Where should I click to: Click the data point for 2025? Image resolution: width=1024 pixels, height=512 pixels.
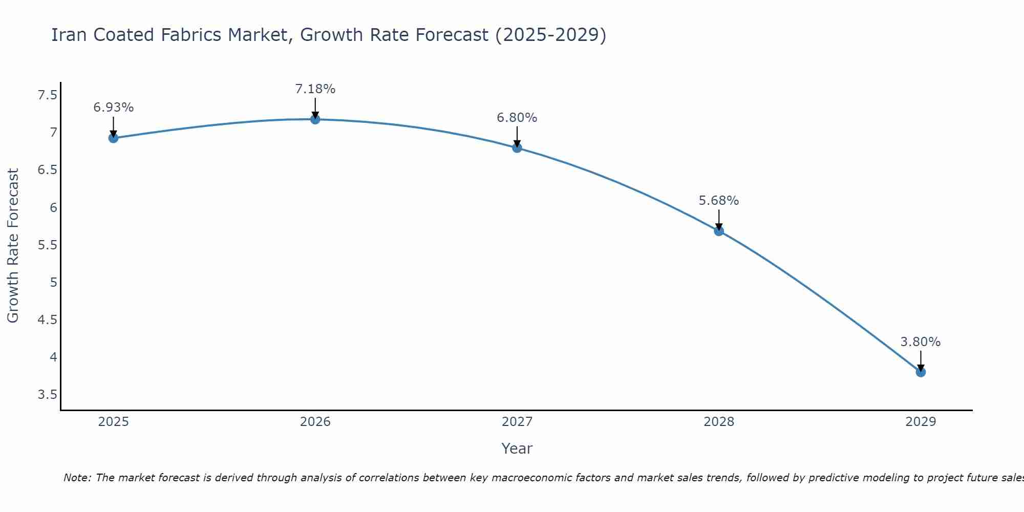point(114,138)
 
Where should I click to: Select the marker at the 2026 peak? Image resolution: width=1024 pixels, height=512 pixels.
point(315,119)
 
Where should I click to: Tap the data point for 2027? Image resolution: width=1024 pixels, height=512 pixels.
point(517,148)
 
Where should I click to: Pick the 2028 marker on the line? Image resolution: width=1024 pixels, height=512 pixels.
point(719,231)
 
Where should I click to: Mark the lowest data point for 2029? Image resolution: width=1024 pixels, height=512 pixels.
point(921,372)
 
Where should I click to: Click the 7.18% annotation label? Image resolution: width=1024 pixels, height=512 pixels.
point(315,89)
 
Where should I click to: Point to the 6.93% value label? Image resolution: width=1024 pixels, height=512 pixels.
point(114,108)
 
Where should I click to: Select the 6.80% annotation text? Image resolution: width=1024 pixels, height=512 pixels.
point(517,118)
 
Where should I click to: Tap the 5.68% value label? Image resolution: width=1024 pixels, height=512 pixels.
point(719,201)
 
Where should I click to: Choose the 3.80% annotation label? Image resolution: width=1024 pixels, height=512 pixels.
point(921,342)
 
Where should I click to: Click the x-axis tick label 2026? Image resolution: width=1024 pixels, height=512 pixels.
point(315,422)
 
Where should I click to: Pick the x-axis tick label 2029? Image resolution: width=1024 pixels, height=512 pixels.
point(921,422)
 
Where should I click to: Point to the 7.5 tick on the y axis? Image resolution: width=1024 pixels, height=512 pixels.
point(48,95)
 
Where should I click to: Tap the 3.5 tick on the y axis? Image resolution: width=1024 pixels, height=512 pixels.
point(48,395)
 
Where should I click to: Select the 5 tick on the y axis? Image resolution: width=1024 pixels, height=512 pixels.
point(53,283)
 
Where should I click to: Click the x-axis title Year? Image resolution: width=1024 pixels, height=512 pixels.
point(517,449)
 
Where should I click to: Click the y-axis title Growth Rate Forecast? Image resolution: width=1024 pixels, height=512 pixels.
point(13,246)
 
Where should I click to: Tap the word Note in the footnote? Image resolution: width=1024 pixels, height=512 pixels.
point(77,478)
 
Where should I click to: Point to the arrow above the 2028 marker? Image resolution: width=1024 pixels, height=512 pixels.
point(719,219)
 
